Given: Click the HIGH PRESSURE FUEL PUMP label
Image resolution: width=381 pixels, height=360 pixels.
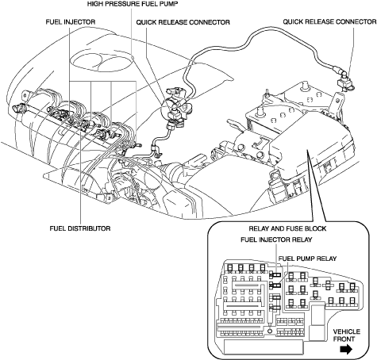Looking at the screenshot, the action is click(x=133, y=4).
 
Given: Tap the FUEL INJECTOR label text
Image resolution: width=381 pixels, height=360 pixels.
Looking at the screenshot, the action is click(x=71, y=21).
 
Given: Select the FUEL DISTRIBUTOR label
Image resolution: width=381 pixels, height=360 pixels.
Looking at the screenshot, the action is click(x=80, y=228).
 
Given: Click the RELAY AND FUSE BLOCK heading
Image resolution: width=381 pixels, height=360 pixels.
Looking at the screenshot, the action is click(x=287, y=228).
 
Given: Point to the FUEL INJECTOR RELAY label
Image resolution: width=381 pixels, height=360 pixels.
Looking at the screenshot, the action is click(x=276, y=239).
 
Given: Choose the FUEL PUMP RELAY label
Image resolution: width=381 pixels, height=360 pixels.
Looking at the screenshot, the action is click(x=307, y=259).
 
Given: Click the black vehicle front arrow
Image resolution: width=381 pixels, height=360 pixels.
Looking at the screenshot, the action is click(x=346, y=350).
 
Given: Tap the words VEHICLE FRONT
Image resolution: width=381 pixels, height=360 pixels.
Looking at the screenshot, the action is click(x=346, y=335).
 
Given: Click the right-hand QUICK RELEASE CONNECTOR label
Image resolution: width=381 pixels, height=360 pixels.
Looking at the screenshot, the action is click(x=329, y=21).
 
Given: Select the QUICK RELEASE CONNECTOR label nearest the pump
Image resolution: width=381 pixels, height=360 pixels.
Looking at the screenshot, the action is click(x=183, y=22).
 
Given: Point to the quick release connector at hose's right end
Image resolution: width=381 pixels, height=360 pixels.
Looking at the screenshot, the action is click(x=345, y=81).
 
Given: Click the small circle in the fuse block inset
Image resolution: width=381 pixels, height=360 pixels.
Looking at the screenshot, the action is click(x=270, y=331).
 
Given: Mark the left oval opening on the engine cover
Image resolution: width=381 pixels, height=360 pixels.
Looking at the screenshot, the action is click(x=87, y=61).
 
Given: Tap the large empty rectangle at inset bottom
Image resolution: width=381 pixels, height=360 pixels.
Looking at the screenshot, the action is click(x=264, y=347).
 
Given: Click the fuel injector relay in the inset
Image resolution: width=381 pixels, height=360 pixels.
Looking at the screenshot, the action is click(x=275, y=275).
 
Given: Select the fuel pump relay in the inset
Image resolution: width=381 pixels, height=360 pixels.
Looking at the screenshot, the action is click(x=275, y=285).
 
